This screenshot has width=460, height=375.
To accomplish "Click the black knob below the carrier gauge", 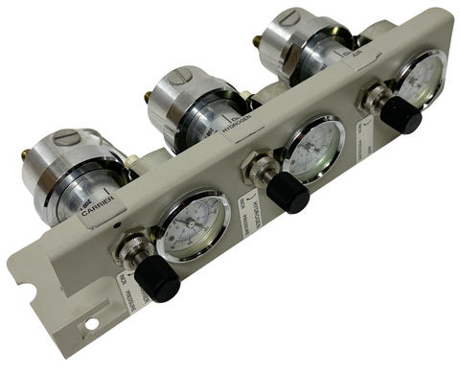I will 156,278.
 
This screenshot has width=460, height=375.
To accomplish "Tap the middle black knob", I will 287,193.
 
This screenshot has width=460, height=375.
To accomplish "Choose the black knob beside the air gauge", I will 401,115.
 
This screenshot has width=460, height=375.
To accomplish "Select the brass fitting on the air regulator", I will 257,42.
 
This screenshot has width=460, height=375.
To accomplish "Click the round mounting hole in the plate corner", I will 91,323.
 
